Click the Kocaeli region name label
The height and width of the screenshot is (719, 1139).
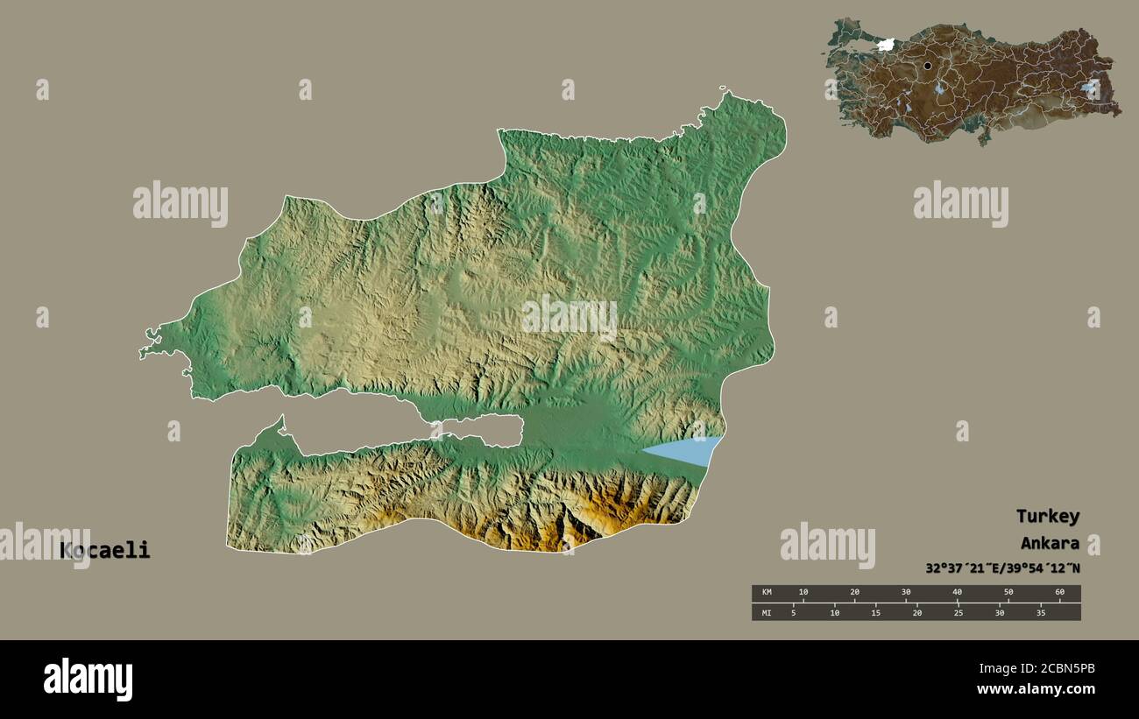click(x=105, y=551)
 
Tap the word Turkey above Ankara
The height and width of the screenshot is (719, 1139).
click(x=1047, y=516)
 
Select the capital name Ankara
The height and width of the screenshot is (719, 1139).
click(x=1049, y=543)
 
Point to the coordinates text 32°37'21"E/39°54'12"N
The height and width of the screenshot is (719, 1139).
click(x=1002, y=567)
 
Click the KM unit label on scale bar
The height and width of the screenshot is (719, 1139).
click(x=766, y=593)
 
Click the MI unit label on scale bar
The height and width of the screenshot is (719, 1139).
click(x=766, y=612)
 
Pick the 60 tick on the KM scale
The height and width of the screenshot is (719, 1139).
click(x=1059, y=593)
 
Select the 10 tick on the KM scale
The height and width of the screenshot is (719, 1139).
click(x=803, y=593)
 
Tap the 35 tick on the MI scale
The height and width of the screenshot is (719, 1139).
click(x=1041, y=612)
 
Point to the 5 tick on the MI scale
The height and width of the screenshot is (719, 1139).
click(x=793, y=612)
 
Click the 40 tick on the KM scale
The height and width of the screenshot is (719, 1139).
click(x=957, y=593)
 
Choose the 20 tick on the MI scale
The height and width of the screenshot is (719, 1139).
click(x=916, y=612)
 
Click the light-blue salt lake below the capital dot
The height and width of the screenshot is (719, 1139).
click(x=940, y=88)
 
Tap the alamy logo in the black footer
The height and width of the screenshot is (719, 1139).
click(x=88, y=679)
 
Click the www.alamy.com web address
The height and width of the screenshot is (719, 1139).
click(x=1036, y=689)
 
